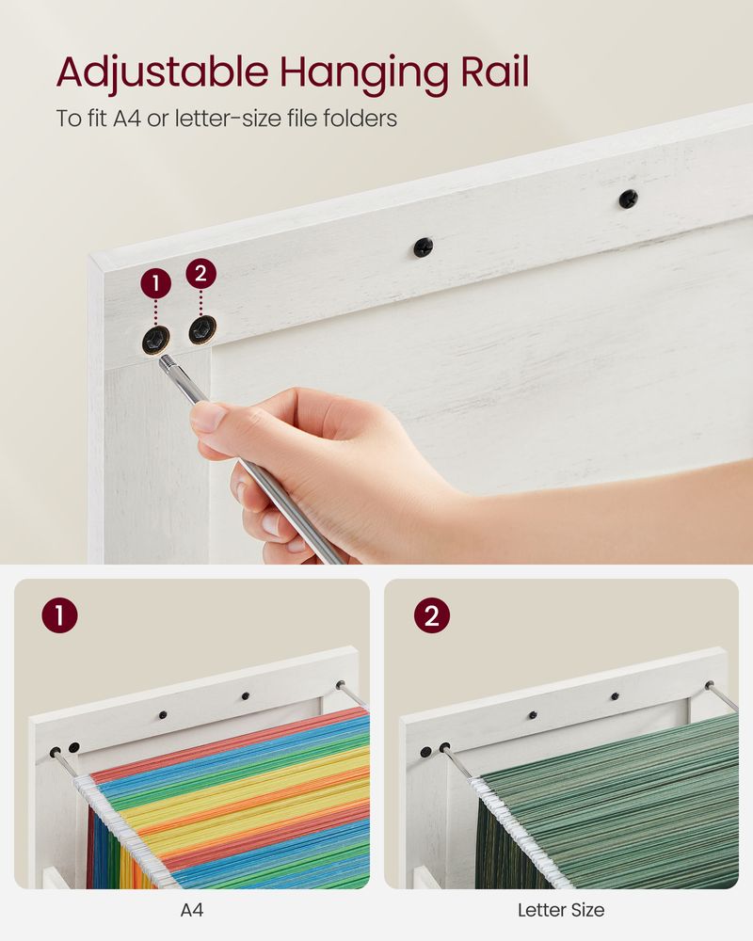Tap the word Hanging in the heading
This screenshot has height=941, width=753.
click(324, 72)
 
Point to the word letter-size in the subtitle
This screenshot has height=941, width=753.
click(199, 119)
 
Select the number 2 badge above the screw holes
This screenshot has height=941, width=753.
click(200, 274)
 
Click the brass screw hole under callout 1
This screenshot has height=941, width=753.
click(154, 341)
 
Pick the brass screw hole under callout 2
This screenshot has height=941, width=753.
click(200, 329)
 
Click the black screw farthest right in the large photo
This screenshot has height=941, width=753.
click(627, 199)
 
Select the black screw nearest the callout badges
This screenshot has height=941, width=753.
click(423, 247)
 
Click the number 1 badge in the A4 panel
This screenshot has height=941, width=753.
click(59, 616)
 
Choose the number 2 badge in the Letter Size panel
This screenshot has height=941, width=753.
click(430, 616)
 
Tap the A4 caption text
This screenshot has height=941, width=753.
click(192, 910)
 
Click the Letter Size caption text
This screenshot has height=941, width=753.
click(561, 910)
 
